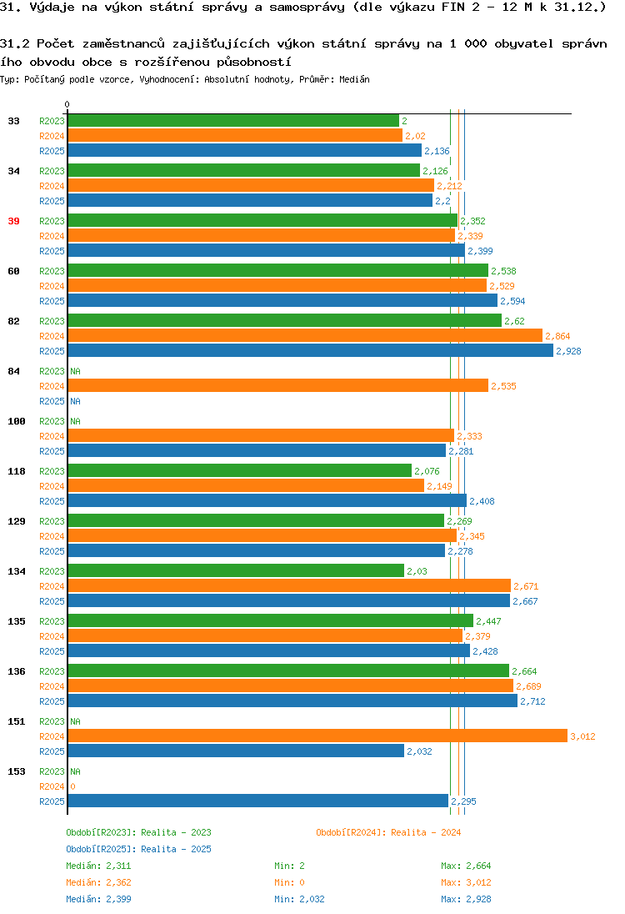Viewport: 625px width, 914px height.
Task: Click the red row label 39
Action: (x=13, y=221)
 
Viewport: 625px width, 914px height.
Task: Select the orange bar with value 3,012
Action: (x=317, y=736)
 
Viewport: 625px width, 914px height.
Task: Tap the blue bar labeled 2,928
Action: (x=311, y=350)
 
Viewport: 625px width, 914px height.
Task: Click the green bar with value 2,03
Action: (x=236, y=570)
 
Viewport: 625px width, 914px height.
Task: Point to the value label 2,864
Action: (x=557, y=336)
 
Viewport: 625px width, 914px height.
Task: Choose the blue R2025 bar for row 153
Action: (x=258, y=801)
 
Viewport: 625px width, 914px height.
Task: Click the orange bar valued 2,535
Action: (x=277, y=385)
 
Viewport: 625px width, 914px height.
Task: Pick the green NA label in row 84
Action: (x=75, y=371)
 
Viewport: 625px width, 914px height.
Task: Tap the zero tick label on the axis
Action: (x=67, y=104)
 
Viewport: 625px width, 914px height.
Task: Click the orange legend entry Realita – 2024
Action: (x=388, y=832)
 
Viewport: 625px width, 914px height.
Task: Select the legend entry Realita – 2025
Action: (x=138, y=849)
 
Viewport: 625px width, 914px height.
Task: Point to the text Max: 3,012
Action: (x=466, y=882)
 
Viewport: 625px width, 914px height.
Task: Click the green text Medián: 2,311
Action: (x=98, y=866)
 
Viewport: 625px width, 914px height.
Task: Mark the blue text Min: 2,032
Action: (x=299, y=899)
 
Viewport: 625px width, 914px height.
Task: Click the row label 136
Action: (x=17, y=671)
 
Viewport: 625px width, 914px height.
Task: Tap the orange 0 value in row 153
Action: (x=72, y=786)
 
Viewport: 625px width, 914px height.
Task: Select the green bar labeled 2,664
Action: (x=288, y=671)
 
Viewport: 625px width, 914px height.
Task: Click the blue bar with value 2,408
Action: (x=267, y=500)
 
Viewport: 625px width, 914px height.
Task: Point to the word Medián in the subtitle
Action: (x=354, y=79)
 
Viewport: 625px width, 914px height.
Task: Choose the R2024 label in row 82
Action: (x=52, y=336)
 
